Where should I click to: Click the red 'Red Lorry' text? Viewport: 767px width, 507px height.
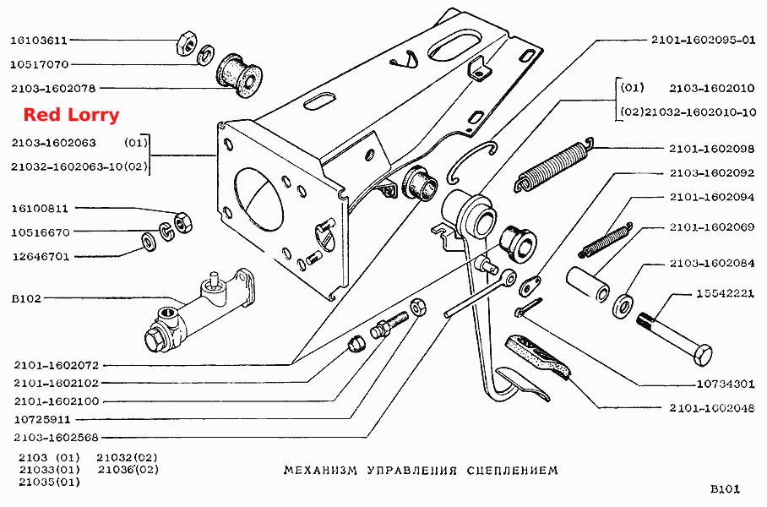[72, 115]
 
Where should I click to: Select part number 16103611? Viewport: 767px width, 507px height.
[39, 40]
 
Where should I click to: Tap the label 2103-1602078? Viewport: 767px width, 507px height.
[54, 89]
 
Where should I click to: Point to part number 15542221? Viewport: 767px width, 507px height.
[726, 293]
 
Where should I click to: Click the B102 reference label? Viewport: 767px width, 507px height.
[26, 298]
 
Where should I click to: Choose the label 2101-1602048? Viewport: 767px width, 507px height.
[712, 407]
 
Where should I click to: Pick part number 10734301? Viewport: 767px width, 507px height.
[726, 384]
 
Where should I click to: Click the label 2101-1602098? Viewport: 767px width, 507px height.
[712, 149]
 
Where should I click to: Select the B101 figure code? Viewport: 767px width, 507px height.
[725, 489]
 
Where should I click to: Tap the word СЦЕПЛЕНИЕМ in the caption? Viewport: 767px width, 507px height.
[512, 471]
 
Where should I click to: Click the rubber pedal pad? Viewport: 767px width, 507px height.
[537, 357]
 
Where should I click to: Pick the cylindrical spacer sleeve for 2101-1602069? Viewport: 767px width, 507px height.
[587, 283]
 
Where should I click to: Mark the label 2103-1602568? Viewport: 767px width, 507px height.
[57, 438]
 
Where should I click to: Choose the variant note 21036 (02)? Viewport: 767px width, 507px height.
[128, 470]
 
